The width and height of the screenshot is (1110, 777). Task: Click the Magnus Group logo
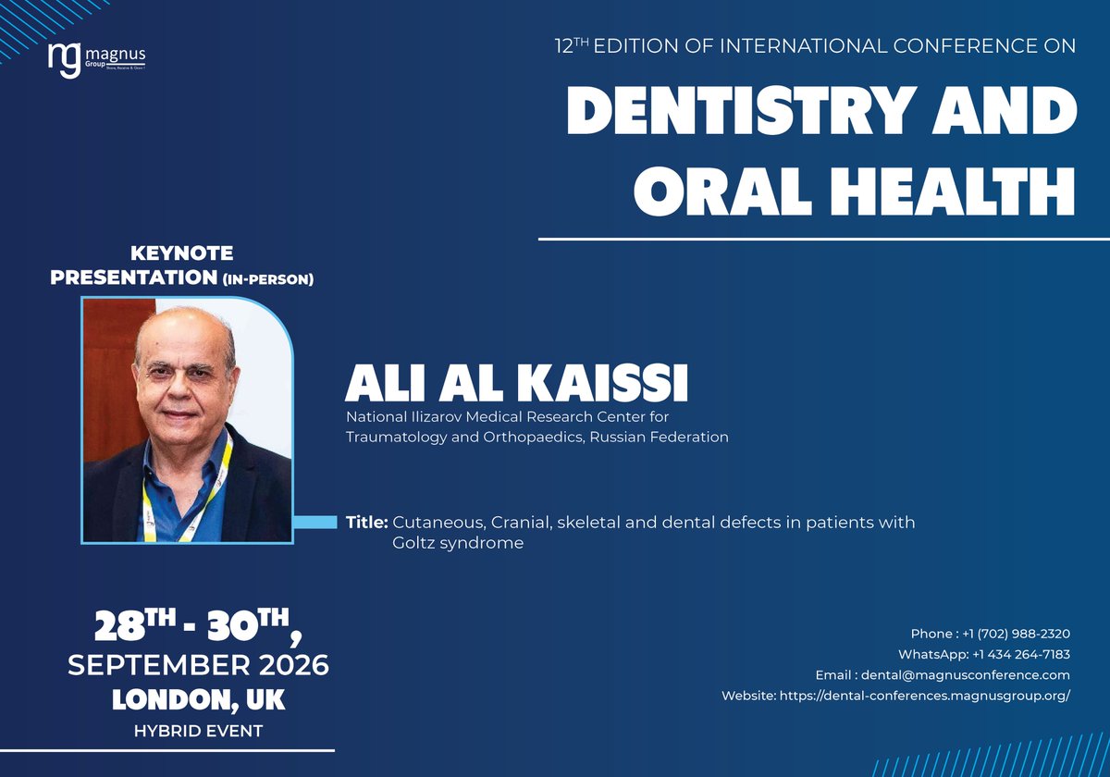coord(96,56)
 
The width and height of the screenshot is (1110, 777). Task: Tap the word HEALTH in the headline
coord(946,192)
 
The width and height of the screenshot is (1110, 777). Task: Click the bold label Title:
coord(366,523)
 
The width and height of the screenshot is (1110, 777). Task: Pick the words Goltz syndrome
coord(458,543)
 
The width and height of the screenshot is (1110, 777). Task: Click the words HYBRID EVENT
coord(198,731)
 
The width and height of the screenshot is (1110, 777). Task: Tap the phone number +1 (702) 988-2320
coord(1017,634)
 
